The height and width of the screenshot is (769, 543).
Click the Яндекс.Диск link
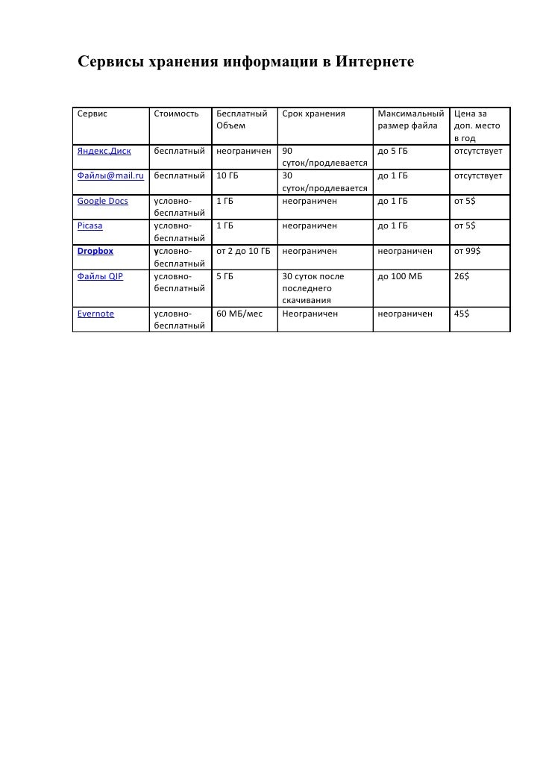(x=104, y=152)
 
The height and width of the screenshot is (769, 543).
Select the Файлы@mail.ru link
(x=110, y=176)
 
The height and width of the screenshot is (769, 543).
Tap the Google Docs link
(x=102, y=201)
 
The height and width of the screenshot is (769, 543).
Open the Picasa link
(x=90, y=225)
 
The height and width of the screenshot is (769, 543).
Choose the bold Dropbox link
(x=95, y=251)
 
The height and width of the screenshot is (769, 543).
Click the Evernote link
(x=96, y=314)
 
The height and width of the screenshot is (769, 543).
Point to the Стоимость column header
(x=177, y=114)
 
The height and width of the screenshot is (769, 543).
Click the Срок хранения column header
(x=314, y=114)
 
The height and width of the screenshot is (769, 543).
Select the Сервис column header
(x=92, y=114)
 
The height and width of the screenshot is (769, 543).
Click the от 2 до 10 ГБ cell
(x=243, y=251)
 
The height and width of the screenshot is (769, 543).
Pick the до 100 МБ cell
(x=401, y=276)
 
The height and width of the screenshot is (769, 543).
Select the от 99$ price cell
(x=468, y=251)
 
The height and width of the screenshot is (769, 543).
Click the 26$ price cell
(x=462, y=276)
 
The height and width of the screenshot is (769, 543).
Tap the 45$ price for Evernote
(x=462, y=314)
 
